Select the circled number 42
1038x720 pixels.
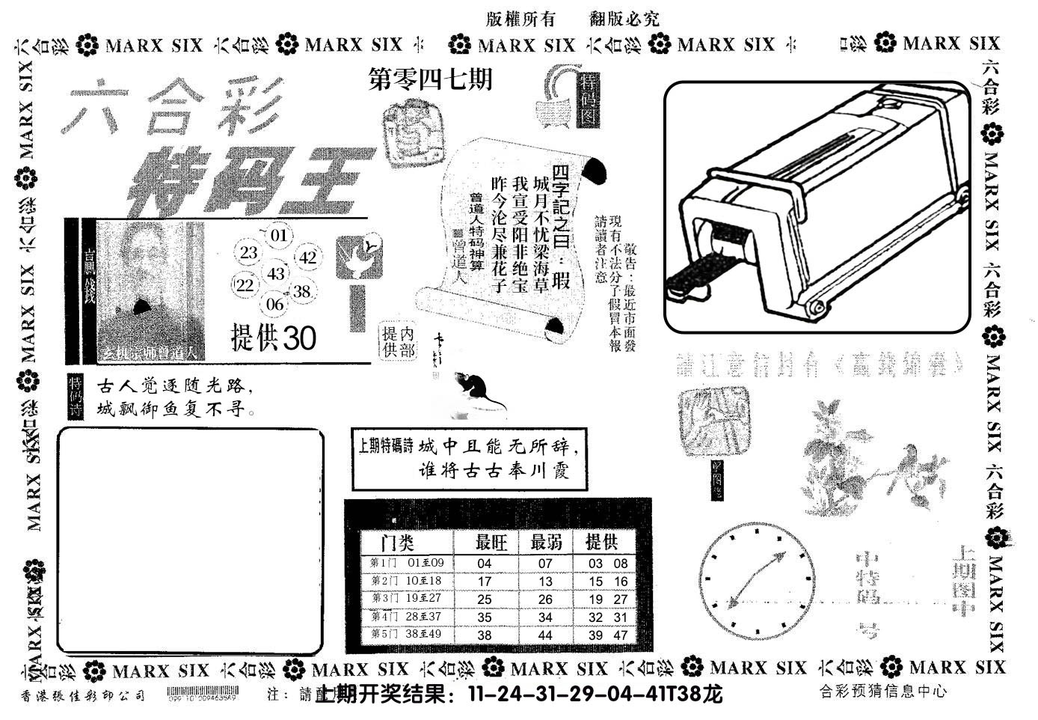pos(308,258)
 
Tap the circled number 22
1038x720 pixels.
pos(245,285)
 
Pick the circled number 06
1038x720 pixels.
pos(275,303)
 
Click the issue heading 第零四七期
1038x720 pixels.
pos(432,79)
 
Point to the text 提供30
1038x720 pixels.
pos(274,338)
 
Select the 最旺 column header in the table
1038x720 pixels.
pos(491,542)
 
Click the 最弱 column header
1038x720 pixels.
pos(546,542)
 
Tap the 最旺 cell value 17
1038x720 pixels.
pos(485,582)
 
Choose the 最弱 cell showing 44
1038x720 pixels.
pos(545,635)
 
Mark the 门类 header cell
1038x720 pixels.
pos(397,542)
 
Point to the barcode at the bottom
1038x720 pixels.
pos(202,694)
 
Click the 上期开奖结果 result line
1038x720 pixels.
pos(519,695)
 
